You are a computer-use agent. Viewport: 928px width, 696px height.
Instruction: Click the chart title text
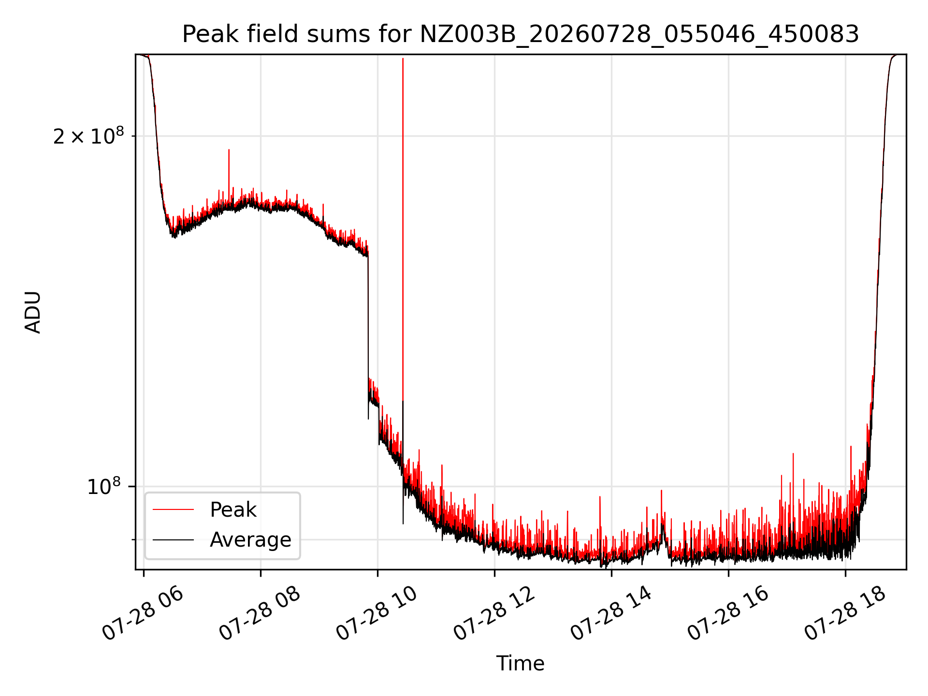[x=521, y=34]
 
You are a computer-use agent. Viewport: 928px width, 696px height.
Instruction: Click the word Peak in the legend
[x=233, y=510]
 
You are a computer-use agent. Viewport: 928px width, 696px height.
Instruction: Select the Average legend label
[x=250, y=540]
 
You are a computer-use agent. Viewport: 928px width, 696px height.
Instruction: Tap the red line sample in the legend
[x=173, y=509]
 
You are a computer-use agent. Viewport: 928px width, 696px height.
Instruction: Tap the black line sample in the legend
[x=173, y=539]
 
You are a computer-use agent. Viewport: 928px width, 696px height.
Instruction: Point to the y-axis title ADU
[x=33, y=312]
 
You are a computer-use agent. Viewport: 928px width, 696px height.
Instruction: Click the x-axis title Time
[x=521, y=664]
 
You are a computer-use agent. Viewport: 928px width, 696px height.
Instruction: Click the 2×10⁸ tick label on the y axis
[x=88, y=136]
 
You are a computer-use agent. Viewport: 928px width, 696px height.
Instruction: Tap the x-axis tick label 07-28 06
[x=144, y=614]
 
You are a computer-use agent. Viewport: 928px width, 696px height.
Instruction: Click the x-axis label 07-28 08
[x=261, y=614]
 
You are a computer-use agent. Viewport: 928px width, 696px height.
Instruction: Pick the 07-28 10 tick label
[x=377, y=614]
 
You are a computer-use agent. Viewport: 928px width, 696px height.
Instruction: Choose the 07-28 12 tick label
[x=494, y=614]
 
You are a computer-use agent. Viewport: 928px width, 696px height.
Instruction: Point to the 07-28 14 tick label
[x=611, y=614]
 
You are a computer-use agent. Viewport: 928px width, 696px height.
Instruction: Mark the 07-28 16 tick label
[x=728, y=614]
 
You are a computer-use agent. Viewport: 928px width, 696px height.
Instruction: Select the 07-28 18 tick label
[x=845, y=614]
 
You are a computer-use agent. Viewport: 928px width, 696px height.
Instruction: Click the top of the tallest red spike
[x=403, y=58]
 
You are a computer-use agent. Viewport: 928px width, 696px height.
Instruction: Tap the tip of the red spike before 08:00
[x=229, y=150]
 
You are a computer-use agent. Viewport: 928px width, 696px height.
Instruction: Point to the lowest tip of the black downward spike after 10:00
[x=403, y=523]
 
